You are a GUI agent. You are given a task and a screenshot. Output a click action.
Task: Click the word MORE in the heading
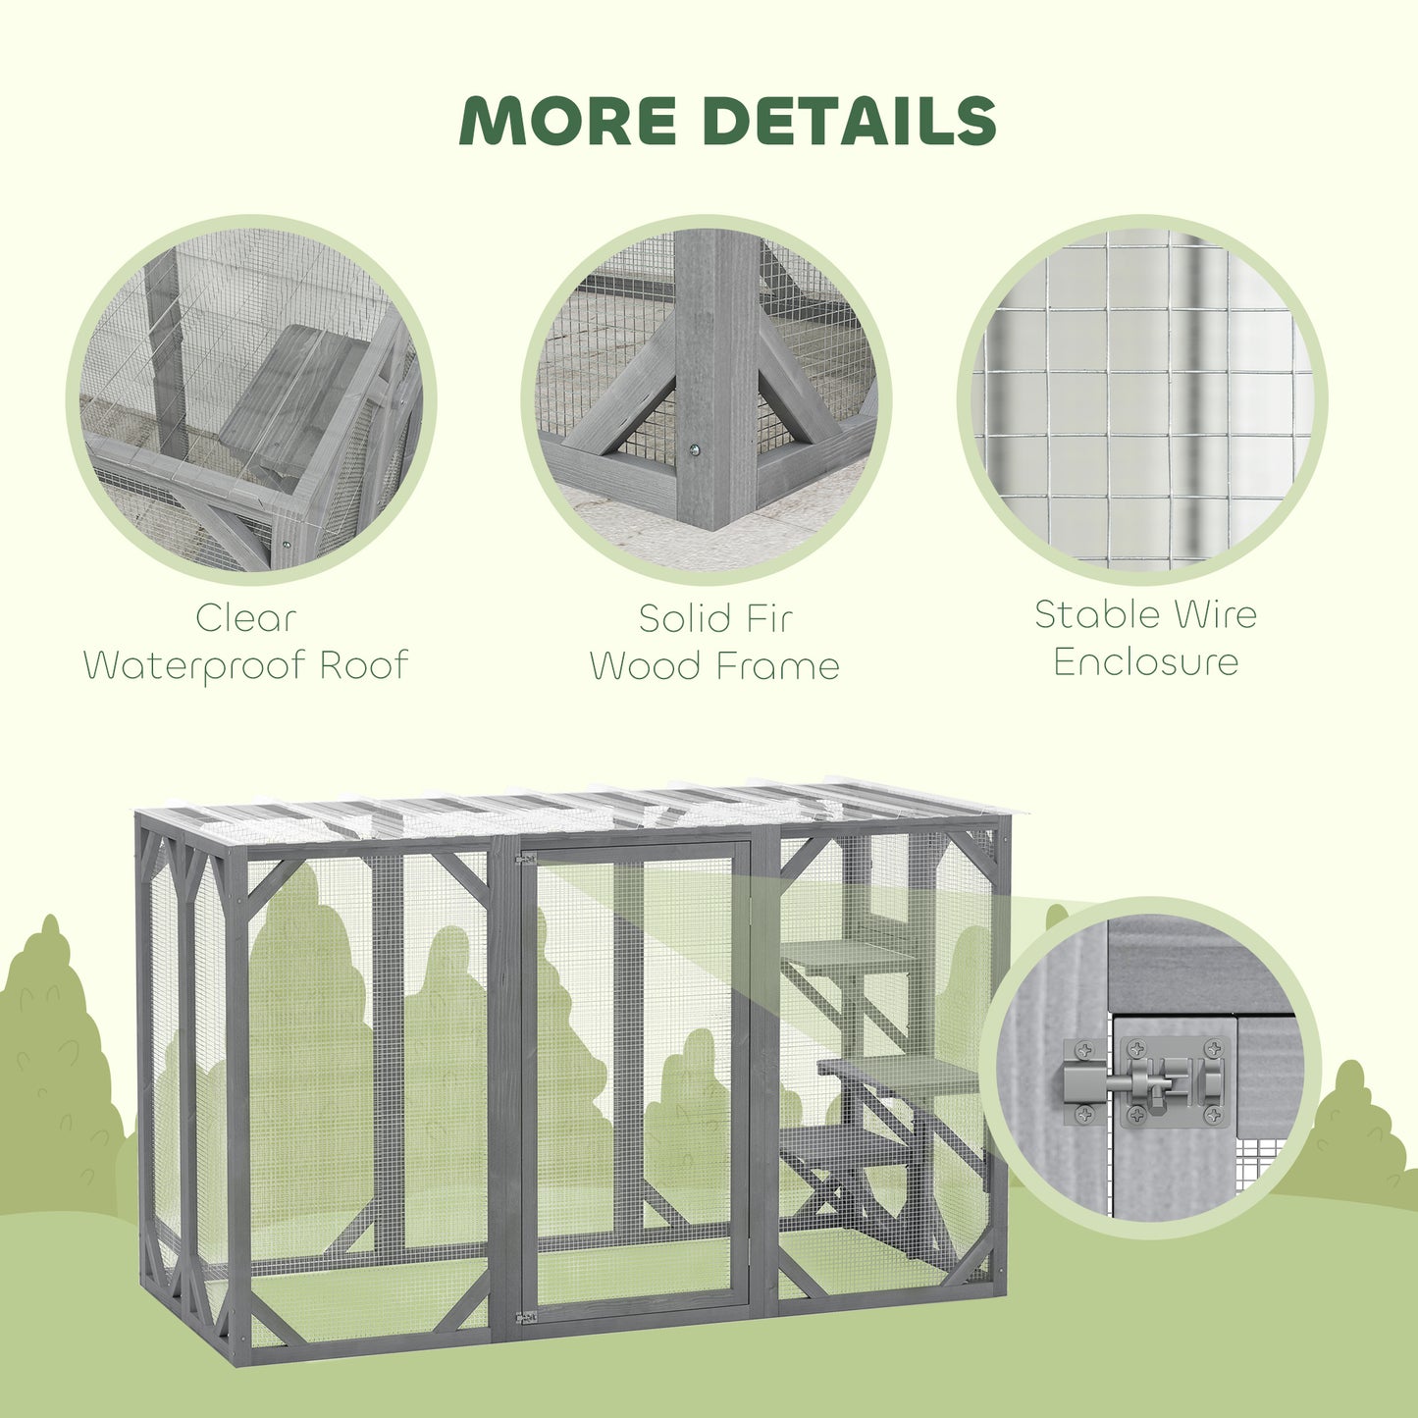pos(568,121)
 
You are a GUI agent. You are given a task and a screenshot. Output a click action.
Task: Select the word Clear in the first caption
pos(245,618)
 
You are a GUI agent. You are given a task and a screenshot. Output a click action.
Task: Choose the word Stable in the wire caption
pos(1097,614)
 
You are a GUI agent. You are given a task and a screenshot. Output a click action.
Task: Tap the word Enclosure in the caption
pos(1145,661)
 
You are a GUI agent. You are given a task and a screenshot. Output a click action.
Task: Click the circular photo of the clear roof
pos(250,397)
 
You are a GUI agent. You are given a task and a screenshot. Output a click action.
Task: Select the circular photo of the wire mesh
pos(1142,397)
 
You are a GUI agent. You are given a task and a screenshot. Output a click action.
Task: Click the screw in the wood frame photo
pos(694,449)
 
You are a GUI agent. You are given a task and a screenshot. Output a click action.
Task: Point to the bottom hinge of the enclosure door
pos(527,1316)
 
